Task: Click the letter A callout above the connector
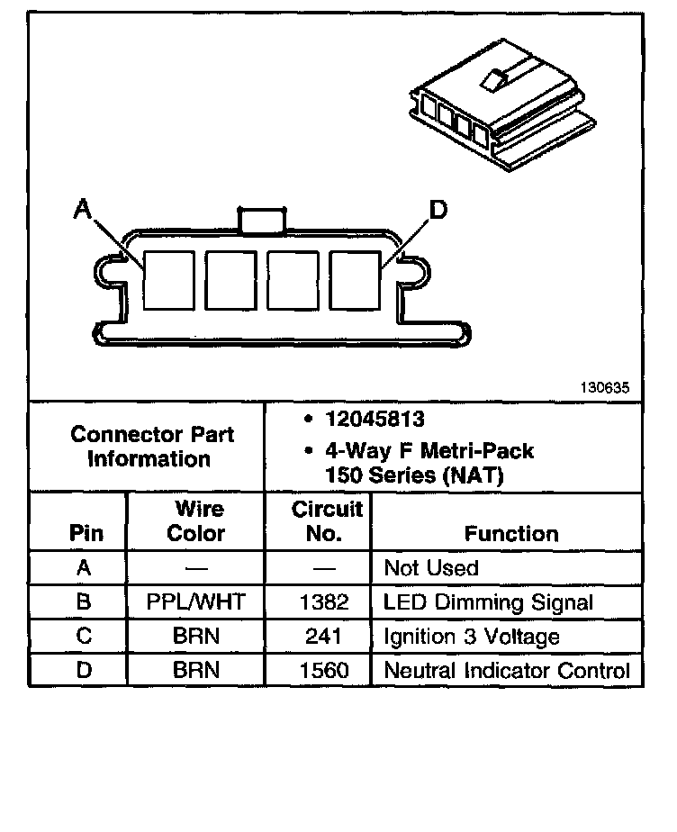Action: click(83, 210)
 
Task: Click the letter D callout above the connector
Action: click(438, 211)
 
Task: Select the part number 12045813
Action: click(375, 420)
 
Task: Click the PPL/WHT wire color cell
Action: click(195, 602)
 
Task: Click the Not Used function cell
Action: click(431, 568)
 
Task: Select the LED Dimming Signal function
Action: click(488, 602)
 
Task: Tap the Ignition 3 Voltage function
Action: click(472, 637)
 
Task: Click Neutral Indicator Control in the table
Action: click(507, 670)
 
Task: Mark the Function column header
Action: click(511, 533)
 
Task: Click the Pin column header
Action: click(86, 533)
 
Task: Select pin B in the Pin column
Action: click(85, 602)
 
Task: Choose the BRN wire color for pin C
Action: click(195, 637)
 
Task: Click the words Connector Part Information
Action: click(151, 447)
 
